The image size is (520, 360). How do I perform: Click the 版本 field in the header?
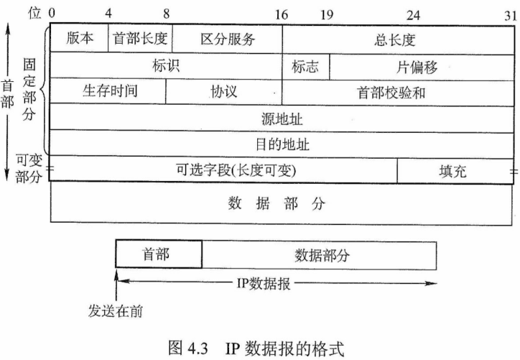point(80,39)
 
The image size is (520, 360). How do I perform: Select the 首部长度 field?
point(140,39)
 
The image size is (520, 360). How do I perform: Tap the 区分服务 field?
point(227,39)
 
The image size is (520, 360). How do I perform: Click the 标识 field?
point(166,66)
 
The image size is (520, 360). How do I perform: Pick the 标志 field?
point(305,66)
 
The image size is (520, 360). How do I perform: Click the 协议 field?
point(224,92)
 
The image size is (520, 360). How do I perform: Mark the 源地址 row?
point(282,118)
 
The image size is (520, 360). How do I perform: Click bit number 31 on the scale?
point(510,14)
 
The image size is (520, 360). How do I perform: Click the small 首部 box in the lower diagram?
point(158,255)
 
